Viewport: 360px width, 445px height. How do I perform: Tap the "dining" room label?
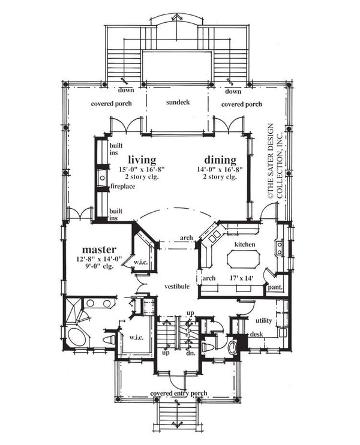click(x=219, y=160)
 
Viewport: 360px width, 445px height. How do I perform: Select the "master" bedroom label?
click(x=98, y=248)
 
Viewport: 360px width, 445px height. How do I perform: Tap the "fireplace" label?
click(x=122, y=187)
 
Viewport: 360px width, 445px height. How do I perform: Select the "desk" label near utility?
click(x=256, y=333)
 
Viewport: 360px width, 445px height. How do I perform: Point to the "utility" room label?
click(x=263, y=321)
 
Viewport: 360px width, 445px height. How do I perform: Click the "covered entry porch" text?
click(x=179, y=393)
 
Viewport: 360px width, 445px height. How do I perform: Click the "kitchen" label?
click(x=245, y=245)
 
